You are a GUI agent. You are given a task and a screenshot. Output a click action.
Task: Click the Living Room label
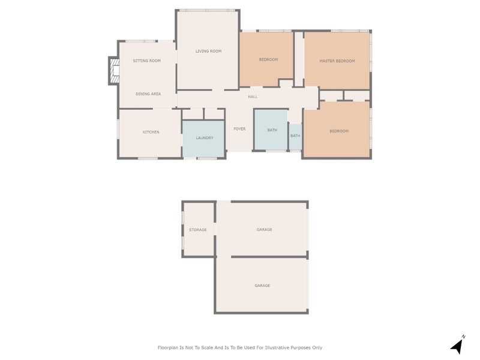[x=208, y=51]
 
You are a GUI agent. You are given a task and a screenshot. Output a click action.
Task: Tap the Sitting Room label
[x=146, y=61]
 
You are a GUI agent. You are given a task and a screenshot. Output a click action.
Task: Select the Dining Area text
[x=148, y=94]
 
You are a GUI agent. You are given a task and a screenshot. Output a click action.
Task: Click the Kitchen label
[x=151, y=132]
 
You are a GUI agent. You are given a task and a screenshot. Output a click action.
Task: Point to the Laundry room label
[x=205, y=138]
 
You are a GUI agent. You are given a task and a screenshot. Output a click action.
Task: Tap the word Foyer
[x=239, y=129]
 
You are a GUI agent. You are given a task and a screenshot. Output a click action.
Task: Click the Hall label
[x=253, y=97]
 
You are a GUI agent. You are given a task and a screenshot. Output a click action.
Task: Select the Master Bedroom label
[x=337, y=61]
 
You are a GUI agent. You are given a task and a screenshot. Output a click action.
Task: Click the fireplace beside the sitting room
[x=114, y=71]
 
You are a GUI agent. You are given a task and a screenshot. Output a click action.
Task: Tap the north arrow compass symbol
[x=457, y=346]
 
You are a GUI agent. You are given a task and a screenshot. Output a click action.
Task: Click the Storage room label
[x=198, y=230]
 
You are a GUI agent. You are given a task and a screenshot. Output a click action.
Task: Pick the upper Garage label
[x=264, y=229]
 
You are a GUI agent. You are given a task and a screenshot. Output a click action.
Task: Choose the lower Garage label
[x=262, y=286]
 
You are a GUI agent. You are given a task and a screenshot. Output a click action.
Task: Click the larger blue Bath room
[x=271, y=130]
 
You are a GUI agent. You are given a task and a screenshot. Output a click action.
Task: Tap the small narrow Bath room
[x=295, y=137]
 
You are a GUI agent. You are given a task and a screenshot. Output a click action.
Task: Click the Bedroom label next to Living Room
[x=268, y=59]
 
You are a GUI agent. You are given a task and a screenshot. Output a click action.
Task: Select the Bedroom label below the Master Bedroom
[x=339, y=131]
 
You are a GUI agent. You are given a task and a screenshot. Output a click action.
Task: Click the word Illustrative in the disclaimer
[x=277, y=347]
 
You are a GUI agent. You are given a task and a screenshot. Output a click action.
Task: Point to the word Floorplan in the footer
[x=168, y=347]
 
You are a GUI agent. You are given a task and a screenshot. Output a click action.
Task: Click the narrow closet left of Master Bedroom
[x=299, y=59]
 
